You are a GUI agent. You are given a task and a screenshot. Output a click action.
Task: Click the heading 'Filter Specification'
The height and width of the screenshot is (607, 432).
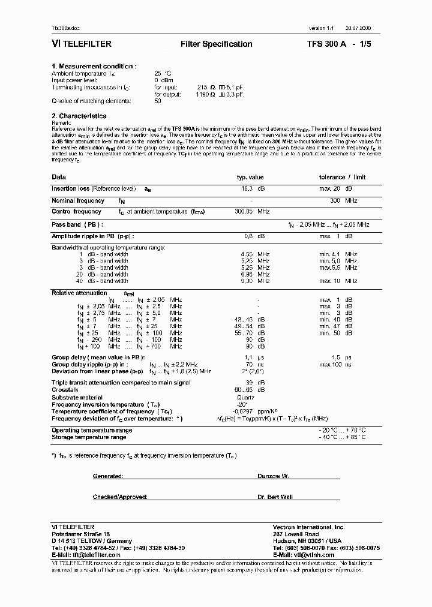tap(216, 44)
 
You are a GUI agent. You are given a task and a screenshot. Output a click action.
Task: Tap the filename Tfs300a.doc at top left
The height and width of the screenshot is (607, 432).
tap(65, 28)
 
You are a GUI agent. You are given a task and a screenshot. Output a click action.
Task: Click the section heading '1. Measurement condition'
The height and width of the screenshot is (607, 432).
tap(94, 66)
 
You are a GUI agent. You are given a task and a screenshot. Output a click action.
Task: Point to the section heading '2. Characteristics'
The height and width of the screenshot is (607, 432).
tap(79, 116)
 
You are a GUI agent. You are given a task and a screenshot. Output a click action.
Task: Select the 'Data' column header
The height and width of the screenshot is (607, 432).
tap(59, 177)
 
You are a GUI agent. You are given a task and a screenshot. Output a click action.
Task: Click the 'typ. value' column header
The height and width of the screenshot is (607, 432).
tap(250, 178)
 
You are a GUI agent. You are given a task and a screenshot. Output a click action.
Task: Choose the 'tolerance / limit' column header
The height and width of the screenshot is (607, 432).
tap(342, 178)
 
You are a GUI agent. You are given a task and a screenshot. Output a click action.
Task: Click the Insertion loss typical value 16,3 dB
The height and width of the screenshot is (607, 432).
tap(253, 189)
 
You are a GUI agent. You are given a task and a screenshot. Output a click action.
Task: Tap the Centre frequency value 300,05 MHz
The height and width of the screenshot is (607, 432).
tap(252, 212)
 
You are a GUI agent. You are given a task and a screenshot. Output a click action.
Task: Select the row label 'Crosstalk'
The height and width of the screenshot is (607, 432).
tap(64, 389)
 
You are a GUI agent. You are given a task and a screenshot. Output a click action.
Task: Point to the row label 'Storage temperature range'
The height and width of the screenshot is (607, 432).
tap(89, 437)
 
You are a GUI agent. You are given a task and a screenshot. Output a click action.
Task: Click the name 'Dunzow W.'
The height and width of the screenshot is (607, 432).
tap(273, 476)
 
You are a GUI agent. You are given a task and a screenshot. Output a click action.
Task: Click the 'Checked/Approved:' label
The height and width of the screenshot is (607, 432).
tap(117, 497)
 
